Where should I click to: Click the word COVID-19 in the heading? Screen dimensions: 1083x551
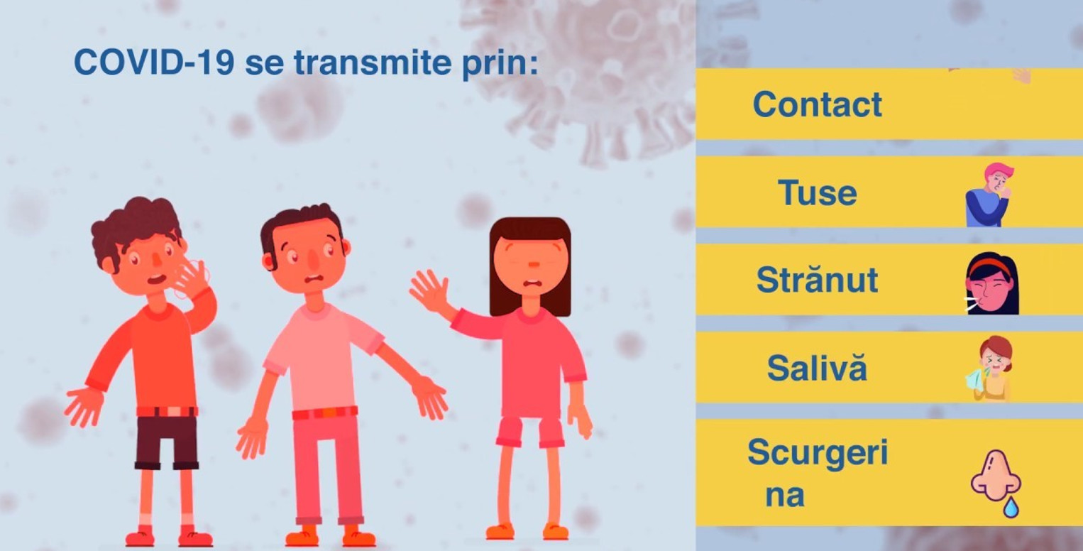[x=154, y=62]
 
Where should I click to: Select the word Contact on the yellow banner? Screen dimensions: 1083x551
[x=817, y=104]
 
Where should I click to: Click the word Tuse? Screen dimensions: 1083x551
[x=817, y=192]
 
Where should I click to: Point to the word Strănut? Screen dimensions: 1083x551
[x=817, y=280]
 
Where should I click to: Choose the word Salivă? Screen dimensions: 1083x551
[x=817, y=368]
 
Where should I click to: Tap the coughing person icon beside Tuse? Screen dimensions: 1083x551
[x=989, y=195]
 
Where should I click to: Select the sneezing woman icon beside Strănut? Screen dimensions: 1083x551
[x=991, y=283]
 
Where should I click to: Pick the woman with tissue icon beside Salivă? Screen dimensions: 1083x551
[x=991, y=369]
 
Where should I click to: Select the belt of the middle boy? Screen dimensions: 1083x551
[x=325, y=413]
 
